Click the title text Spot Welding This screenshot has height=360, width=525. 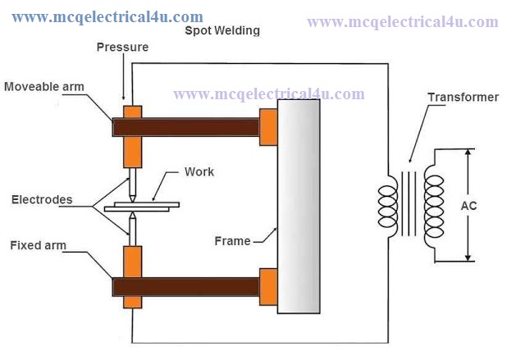pyautogui.click(x=222, y=31)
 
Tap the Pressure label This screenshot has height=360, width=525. pyautogui.click(x=122, y=48)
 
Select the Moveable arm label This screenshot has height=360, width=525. pyautogui.click(x=44, y=87)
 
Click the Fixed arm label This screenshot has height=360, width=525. pyautogui.click(x=39, y=245)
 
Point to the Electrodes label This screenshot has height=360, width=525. pyautogui.click(x=42, y=200)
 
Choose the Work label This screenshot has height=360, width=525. pyautogui.click(x=199, y=171)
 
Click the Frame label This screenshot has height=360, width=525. pyautogui.click(x=232, y=241)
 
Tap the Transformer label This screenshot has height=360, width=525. pyautogui.click(x=463, y=98)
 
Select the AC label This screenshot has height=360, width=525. pyautogui.click(x=468, y=206)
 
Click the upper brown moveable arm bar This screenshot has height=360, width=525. pyautogui.click(x=186, y=127)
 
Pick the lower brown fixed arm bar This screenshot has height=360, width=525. pyautogui.click(x=186, y=287)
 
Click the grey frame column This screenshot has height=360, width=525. pyautogui.click(x=299, y=207)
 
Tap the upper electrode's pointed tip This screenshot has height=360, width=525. pyautogui.click(x=133, y=202)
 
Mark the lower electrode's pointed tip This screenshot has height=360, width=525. pyautogui.click(x=133, y=212)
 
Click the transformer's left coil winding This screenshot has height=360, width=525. pyautogui.click(x=388, y=207)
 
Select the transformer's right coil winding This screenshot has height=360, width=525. pyautogui.click(x=434, y=207)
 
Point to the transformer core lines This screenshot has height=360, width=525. pyautogui.click(x=409, y=203)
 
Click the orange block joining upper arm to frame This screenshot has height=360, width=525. pyautogui.click(x=268, y=127)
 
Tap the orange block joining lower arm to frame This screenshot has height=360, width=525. pyautogui.click(x=268, y=287)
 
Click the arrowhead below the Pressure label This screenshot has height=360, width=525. pyautogui.click(x=124, y=97)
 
